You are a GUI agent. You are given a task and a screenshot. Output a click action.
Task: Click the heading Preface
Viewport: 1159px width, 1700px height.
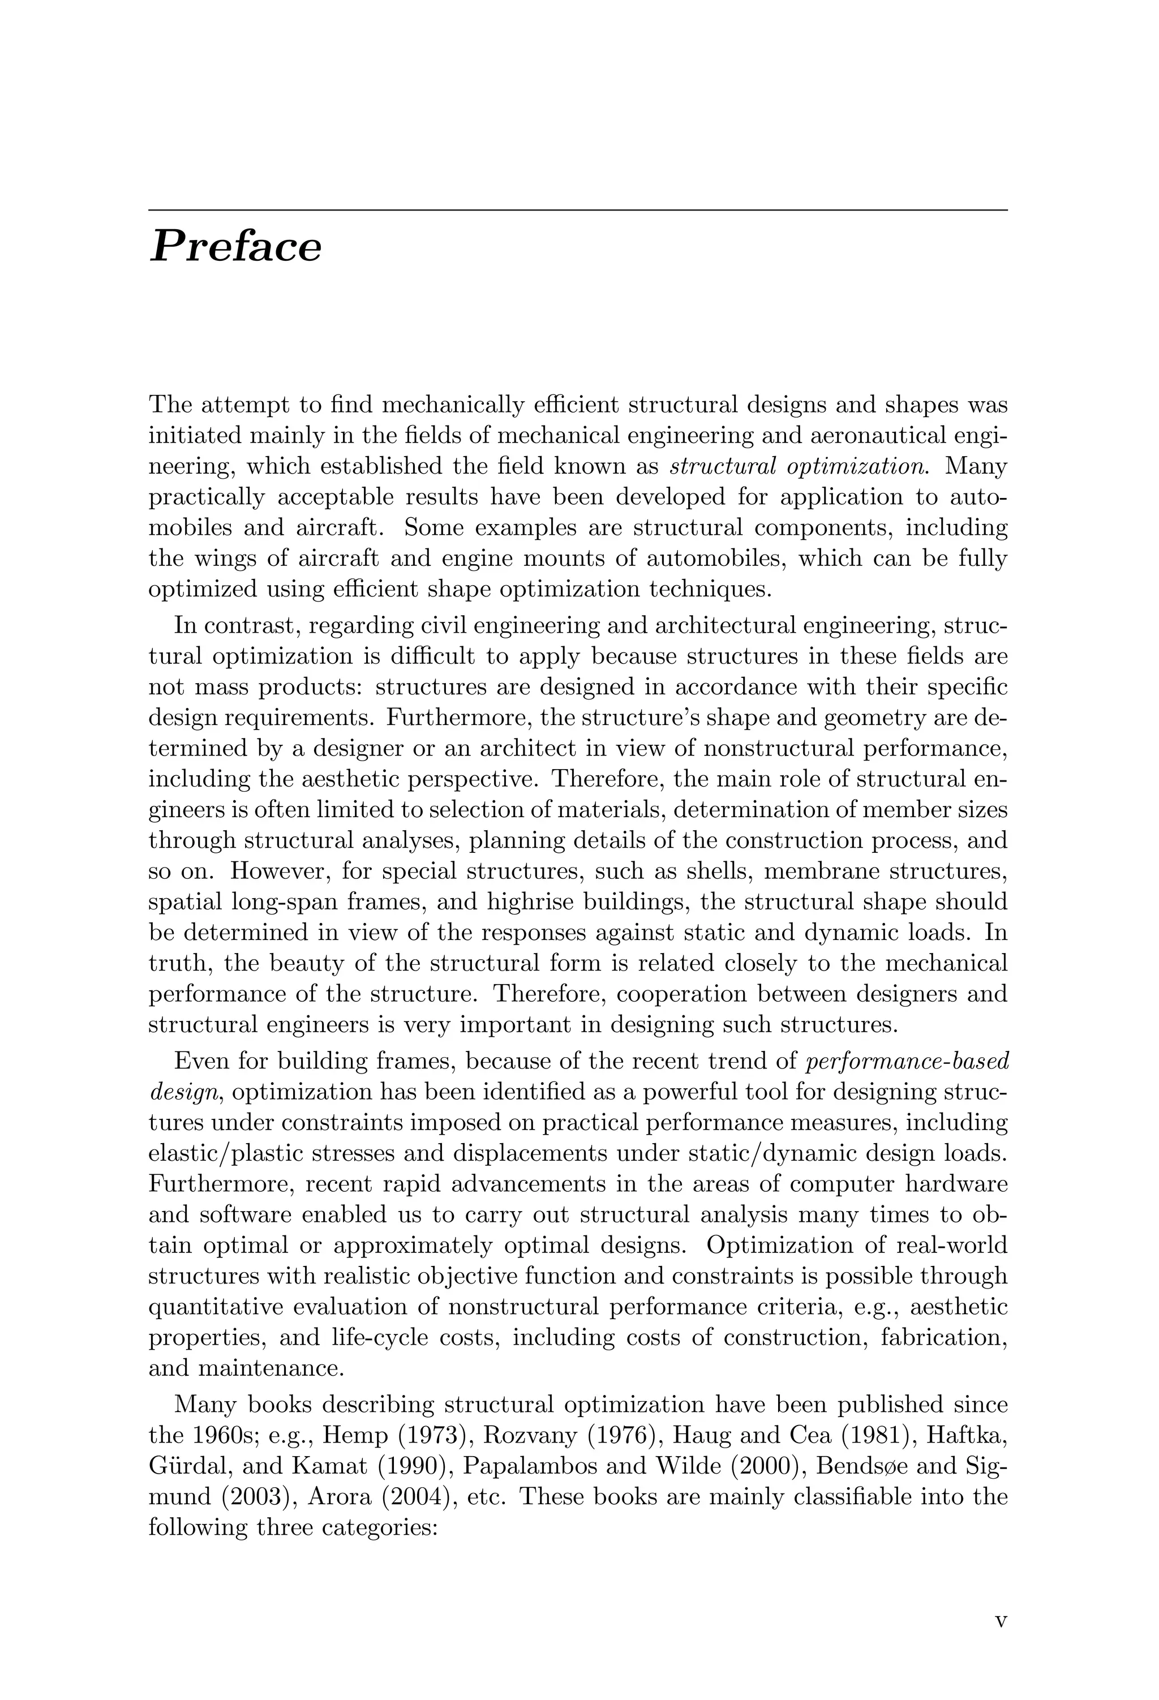click(235, 247)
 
